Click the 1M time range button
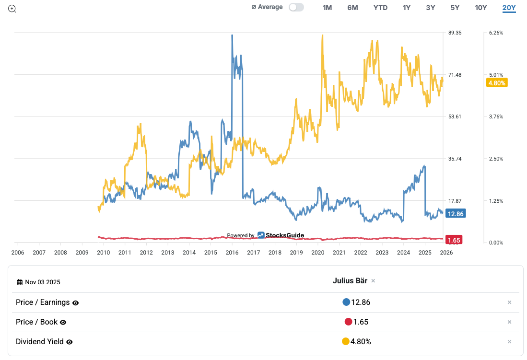coord(327,8)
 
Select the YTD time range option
coord(380,8)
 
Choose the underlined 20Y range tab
coord(509,8)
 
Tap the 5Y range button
coord(455,8)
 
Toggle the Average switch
coord(296,7)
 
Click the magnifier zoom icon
coord(12,9)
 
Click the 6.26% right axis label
coord(495,33)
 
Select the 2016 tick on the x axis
coord(232,252)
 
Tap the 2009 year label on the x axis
coord(82,252)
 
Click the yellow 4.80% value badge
coord(496,83)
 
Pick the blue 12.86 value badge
coord(455,214)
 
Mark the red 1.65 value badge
coord(454,240)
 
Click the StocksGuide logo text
coord(285,235)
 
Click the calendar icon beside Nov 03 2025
coord(20,282)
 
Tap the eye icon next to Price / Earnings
coord(75,303)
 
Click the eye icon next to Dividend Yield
coord(70,342)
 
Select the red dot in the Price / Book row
coord(348,322)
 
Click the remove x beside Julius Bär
coord(373,281)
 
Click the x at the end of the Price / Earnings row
coord(509,302)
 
